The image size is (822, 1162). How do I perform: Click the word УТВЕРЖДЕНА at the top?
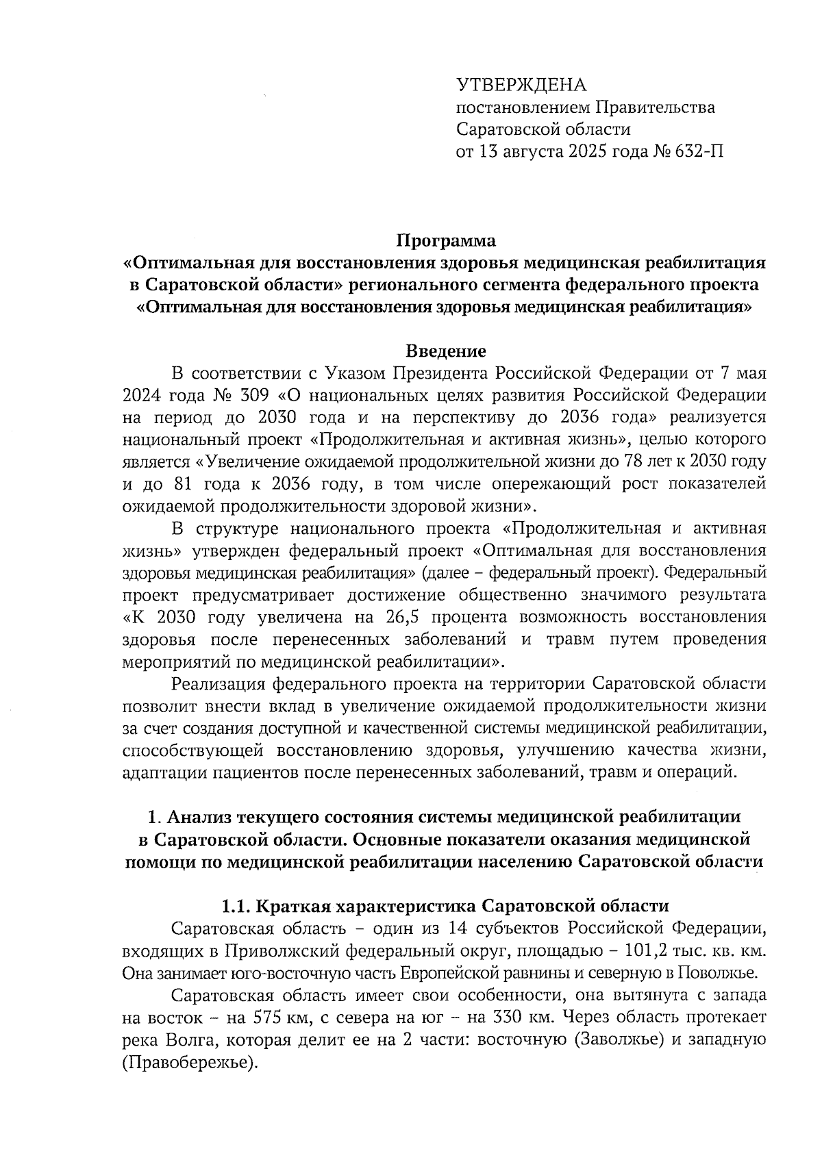click(x=522, y=85)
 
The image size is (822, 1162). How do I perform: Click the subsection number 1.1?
click(x=236, y=907)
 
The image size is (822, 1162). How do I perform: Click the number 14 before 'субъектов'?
click(x=458, y=929)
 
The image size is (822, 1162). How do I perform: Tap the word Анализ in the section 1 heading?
click(x=199, y=817)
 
